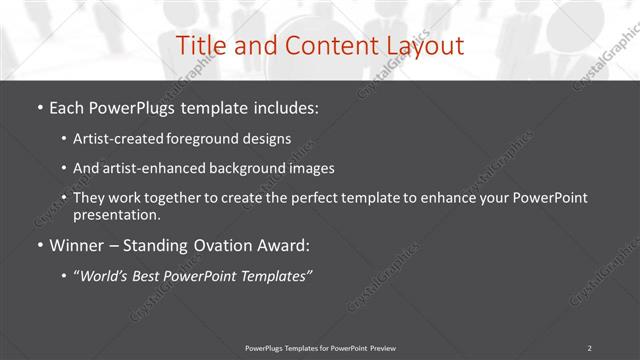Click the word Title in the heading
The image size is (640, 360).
[x=200, y=46]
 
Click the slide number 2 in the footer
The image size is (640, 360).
[x=589, y=347]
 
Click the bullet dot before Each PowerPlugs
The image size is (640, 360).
[x=39, y=108]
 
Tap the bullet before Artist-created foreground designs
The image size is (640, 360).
[x=64, y=139]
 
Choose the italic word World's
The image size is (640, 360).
[x=104, y=277]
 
